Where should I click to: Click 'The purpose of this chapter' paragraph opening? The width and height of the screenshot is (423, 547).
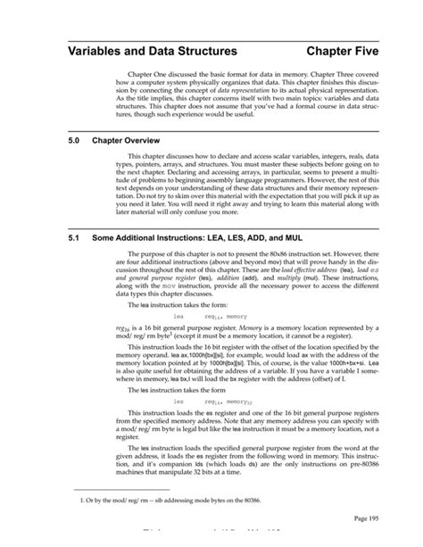pos(174,254)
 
